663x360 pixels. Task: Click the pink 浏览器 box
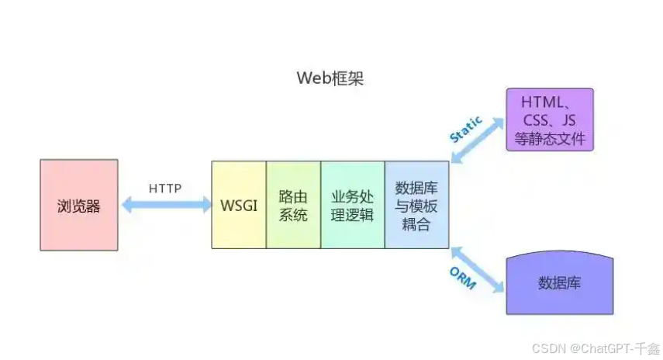tap(79, 205)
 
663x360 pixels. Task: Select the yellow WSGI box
tap(239, 205)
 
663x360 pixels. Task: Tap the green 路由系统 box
tap(293, 205)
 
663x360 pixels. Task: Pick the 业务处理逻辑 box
tap(352, 205)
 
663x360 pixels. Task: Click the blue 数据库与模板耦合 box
tap(416, 205)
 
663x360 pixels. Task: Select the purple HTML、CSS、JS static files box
tap(549, 119)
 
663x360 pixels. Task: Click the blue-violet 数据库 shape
tap(559, 283)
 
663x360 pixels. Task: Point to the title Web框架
tap(330, 78)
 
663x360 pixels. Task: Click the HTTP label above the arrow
tap(165, 188)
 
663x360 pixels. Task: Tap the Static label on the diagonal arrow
tap(466, 129)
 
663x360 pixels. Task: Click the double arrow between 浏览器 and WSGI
tap(165, 205)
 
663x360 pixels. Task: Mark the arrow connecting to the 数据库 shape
tap(476, 268)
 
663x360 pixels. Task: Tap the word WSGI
tap(239, 206)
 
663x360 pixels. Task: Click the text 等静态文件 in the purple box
tap(549, 140)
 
